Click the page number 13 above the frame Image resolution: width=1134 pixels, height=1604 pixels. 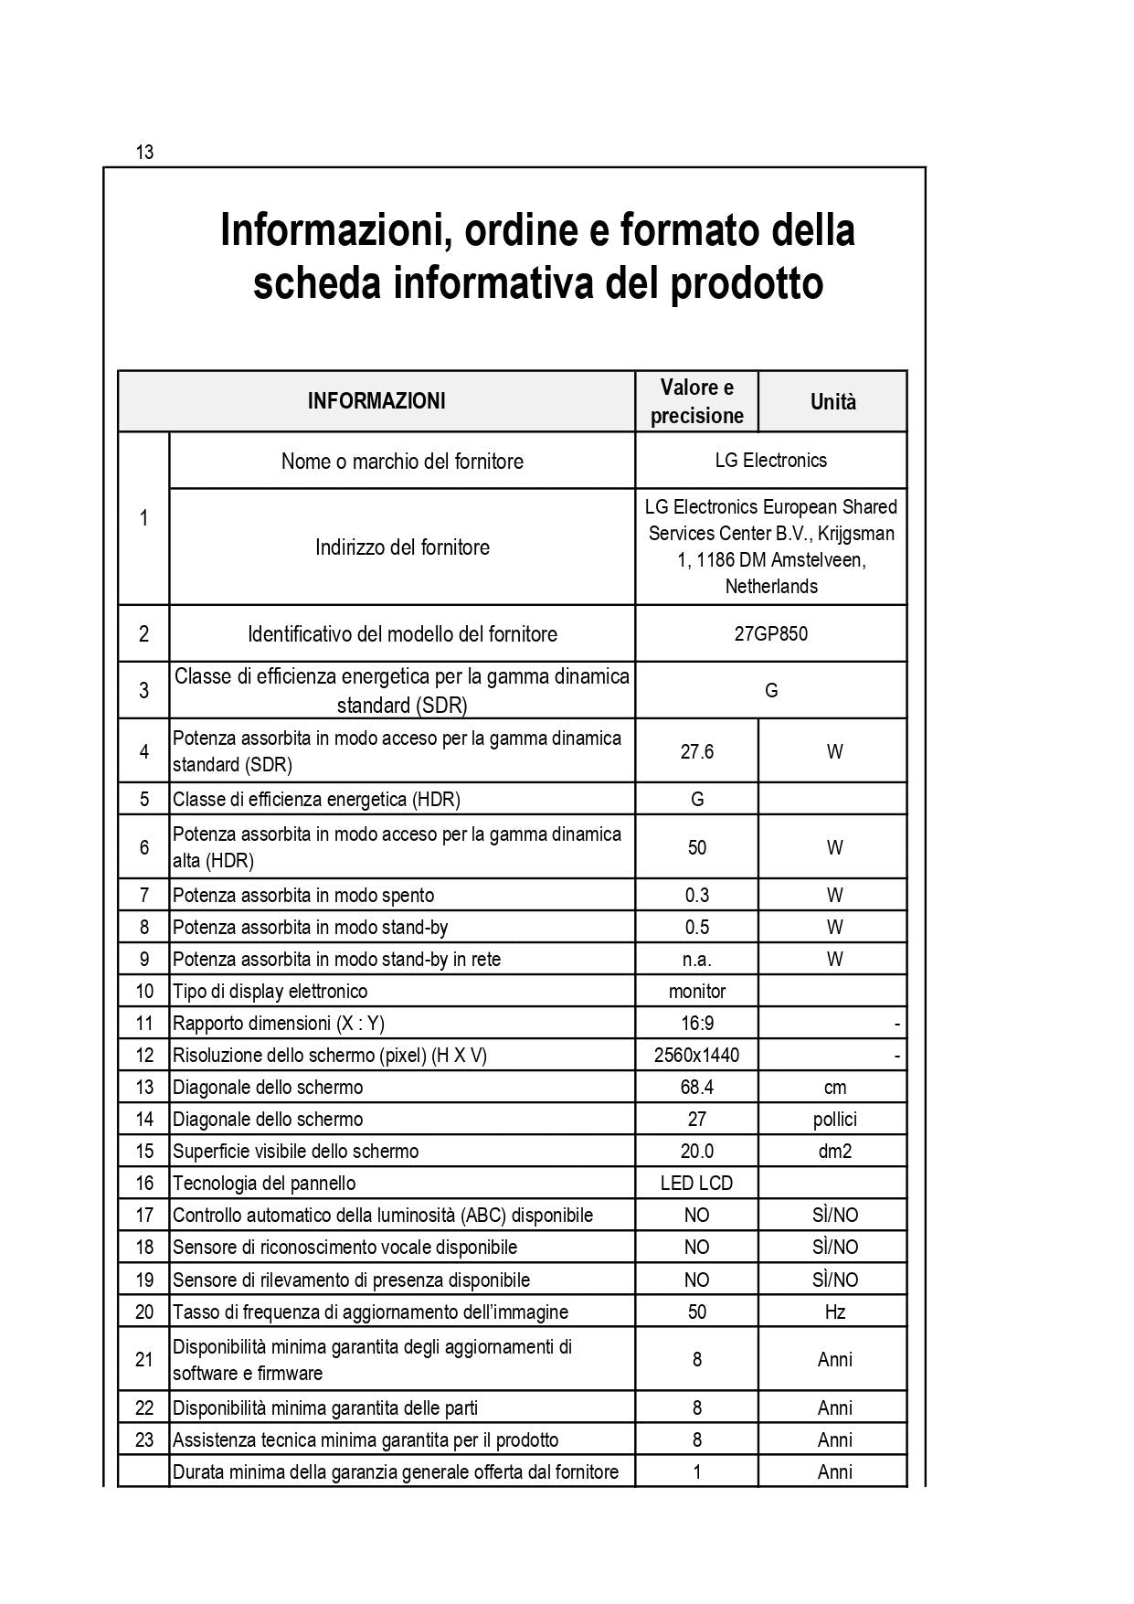click(x=144, y=153)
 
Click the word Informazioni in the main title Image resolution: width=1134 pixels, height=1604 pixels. click(x=334, y=230)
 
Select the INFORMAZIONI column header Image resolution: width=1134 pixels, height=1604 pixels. click(x=376, y=401)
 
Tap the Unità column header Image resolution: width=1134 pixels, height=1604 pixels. click(x=832, y=402)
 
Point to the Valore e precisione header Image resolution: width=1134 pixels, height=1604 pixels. click(x=696, y=401)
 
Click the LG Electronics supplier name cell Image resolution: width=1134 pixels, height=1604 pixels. click(x=770, y=461)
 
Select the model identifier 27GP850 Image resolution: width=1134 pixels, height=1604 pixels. click(x=770, y=634)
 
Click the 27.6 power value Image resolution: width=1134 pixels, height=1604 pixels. click(x=696, y=751)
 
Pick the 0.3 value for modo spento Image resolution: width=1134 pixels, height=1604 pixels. click(x=696, y=896)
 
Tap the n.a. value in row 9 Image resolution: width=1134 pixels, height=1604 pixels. click(x=696, y=960)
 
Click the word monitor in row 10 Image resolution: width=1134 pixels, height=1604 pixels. click(x=696, y=992)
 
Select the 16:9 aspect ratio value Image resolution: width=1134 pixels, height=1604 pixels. click(x=696, y=1024)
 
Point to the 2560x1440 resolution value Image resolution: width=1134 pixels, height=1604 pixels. click(x=696, y=1056)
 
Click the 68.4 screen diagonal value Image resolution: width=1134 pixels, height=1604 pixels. click(x=696, y=1088)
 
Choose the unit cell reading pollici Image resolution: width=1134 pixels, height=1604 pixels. click(x=834, y=1120)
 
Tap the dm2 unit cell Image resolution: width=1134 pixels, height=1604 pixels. click(x=834, y=1152)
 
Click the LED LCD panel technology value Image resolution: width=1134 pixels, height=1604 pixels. click(x=696, y=1184)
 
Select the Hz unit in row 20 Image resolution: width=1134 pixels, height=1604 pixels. click(x=834, y=1312)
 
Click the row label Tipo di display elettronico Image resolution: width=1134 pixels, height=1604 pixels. click(x=270, y=992)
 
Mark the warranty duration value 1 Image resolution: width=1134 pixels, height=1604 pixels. click(x=696, y=1472)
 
